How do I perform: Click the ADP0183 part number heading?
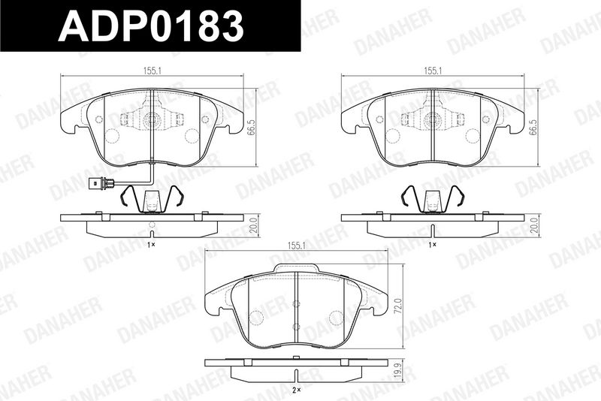coord(151,26)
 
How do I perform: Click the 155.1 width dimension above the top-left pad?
coord(152,70)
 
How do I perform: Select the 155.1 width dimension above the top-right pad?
coord(433,70)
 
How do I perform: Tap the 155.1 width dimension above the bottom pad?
coord(297,246)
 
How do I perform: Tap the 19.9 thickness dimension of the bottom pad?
coord(400,371)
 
